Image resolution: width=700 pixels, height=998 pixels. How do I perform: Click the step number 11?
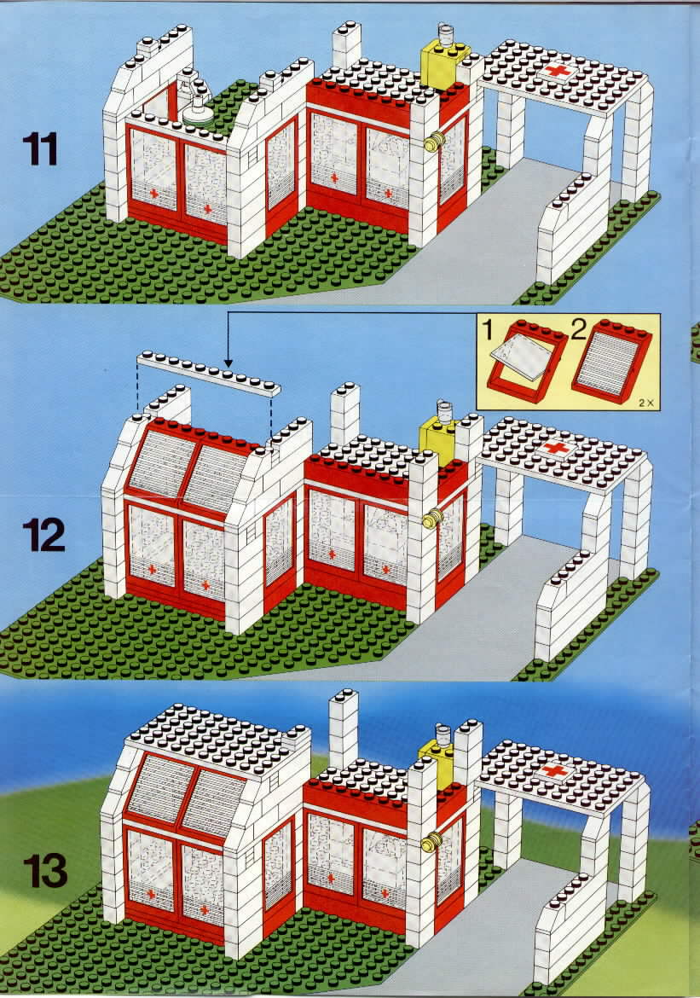pyautogui.click(x=40, y=149)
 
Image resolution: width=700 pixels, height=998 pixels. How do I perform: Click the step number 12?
pyautogui.click(x=43, y=535)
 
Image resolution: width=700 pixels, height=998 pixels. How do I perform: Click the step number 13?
pyautogui.click(x=44, y=870)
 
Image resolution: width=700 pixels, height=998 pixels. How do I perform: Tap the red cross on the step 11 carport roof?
pyautogui.click(x=558, y=71)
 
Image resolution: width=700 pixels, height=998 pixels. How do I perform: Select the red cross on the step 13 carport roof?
pyautogui.click(x=555, y=771)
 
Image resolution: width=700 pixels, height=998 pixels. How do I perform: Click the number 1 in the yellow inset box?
pyautogui.click(x=488, y=331)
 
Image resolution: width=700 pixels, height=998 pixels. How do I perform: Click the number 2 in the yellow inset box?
pyautogui.click(x=578, y=331)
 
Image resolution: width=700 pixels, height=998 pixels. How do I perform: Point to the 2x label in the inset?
pyautogui.click(x=646, y=403)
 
